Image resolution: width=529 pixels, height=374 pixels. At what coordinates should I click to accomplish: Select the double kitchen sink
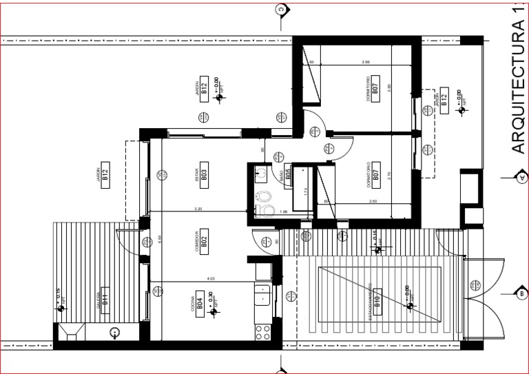[262, 298]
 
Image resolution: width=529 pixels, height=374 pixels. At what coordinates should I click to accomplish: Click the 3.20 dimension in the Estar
[198, 207]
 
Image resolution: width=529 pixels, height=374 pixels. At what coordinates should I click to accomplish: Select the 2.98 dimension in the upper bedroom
[366, 62]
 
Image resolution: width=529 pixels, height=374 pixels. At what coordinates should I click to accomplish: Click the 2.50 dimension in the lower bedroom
[373, 201]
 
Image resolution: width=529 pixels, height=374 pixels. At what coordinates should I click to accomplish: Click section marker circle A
[521, 178]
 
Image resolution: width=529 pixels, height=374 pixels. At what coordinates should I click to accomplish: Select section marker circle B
[521, 293]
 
